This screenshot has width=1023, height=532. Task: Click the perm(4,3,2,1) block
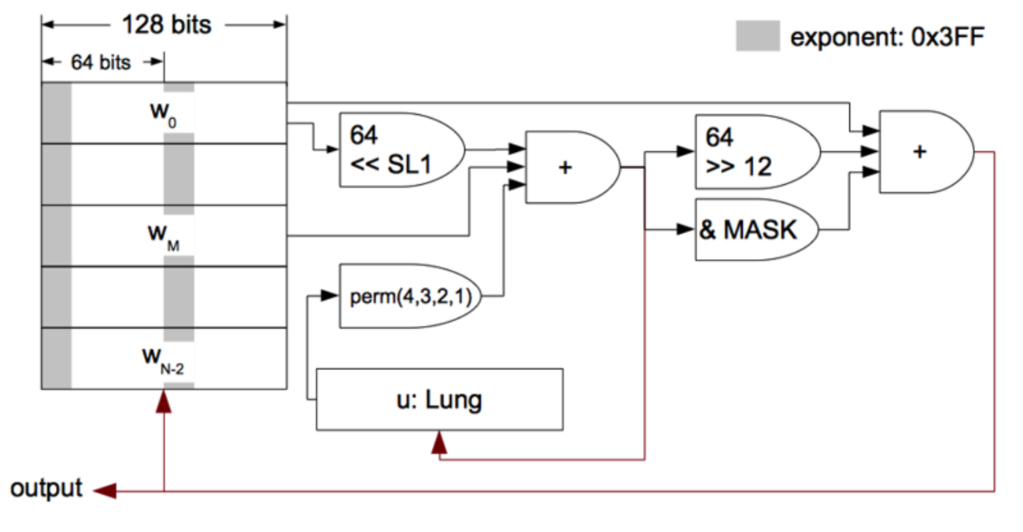(x=406, y=297)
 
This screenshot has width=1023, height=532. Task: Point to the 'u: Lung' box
(x=439, y=400)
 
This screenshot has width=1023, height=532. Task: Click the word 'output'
(x=46, y=489)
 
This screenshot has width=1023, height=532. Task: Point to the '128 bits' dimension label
(x=166, y=24)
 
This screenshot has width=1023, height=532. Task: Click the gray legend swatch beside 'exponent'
(x=757, y=36)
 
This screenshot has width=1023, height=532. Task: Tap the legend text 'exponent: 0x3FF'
(x=887, y=37)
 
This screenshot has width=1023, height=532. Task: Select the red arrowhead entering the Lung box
(x=439, y=442)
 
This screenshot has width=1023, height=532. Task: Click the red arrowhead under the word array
(x=164, y=401)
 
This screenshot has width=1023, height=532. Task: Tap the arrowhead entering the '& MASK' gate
(x=686, y=230)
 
